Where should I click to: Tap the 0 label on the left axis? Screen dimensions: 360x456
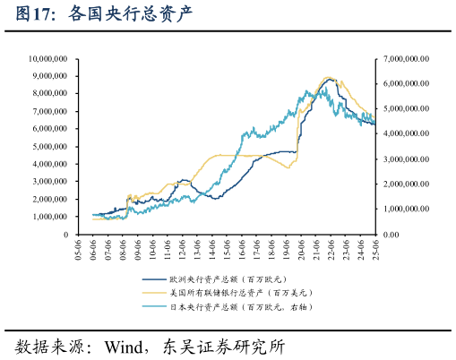pos(65,235)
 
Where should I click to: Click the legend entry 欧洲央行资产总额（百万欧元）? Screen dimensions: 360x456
pos(237,279)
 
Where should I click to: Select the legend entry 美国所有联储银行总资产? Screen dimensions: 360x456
pos(237,293)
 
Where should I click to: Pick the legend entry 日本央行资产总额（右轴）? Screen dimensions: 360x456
pos(240,306)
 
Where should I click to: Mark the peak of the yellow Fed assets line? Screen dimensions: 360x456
pos(329,77)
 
